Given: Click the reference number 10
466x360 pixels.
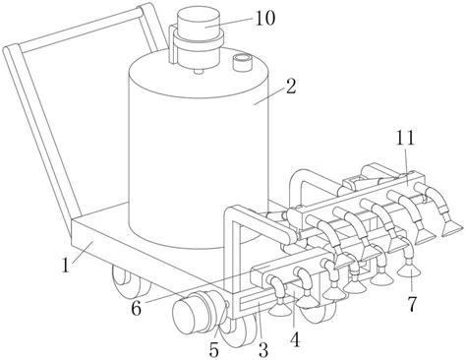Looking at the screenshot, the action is click(x=265, y=19).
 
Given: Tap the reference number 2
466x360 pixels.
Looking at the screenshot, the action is click(x=291, y=87).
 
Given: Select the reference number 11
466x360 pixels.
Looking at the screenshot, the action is click(x=405, y=138).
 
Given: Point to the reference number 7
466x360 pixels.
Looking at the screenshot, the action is click(x=412, y=304).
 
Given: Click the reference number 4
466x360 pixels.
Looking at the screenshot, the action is click(x=295, y=339).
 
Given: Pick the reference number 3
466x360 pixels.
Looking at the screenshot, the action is click(x=263, y=350).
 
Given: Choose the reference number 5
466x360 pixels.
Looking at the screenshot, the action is click(x=213, y=350).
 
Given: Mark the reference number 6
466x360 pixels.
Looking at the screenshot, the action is click(x=136, y=308).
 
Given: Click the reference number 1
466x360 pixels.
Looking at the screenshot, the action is click(x=66, y=266).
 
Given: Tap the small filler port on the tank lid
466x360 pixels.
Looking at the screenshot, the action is click(x=242, y=62).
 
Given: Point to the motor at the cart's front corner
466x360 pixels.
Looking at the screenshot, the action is click(x=199, y=312).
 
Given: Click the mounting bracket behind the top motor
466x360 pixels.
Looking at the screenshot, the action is click(x=172, y=44).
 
